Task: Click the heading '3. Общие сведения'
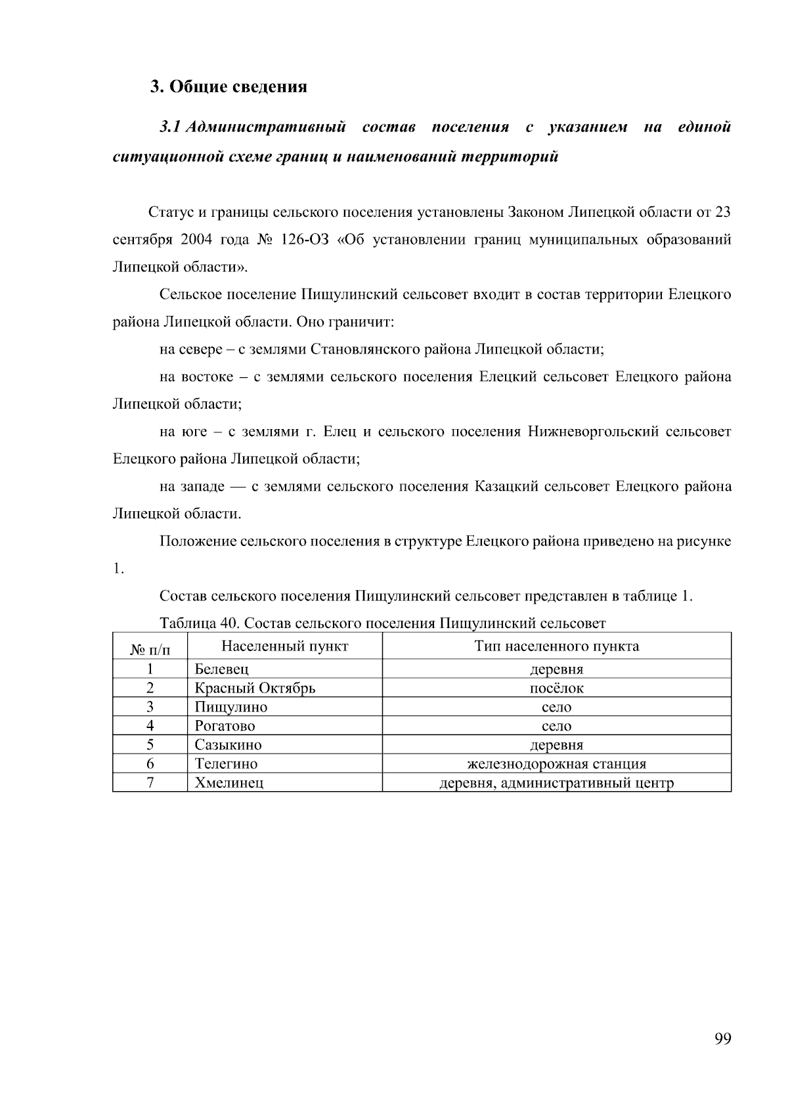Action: (228, 87)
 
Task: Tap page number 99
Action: (722, 1039)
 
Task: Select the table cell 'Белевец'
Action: (221, 670)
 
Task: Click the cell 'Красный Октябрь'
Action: (255, 689)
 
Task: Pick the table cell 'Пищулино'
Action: (230, 708)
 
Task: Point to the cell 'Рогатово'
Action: (225, 727)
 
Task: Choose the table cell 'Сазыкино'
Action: (228, 745)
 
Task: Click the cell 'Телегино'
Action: (226, 764)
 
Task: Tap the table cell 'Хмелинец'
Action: (229, 783)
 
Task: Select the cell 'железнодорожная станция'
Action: (556, 764)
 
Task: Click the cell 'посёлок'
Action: (556, 689)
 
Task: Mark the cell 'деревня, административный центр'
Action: (556, 783)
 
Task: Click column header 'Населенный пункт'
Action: (284, 646)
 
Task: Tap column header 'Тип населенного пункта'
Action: (556, 646)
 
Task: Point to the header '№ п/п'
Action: (150, 650)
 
